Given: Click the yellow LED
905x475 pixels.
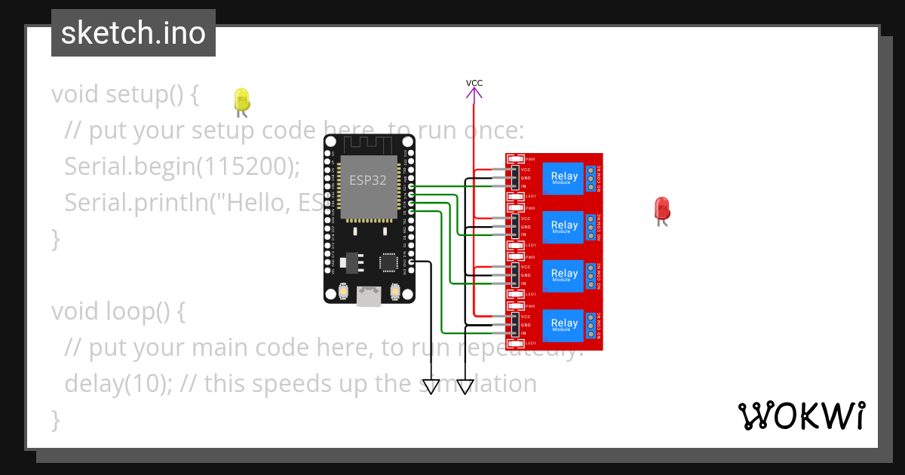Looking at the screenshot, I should coord(241,100).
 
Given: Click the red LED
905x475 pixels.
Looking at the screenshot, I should coord(661,209).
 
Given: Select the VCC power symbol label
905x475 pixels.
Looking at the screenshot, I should coord(474,83).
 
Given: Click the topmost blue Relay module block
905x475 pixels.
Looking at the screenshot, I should coord(563,178).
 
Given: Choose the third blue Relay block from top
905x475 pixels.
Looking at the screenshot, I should coord(563,275).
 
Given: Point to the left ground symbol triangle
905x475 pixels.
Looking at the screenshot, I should coord(431,387).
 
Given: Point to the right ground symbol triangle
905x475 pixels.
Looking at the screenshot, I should coord(465,387).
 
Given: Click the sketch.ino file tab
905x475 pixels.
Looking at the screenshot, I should coord(133,33).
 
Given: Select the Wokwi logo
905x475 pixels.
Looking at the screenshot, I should coord(801,415).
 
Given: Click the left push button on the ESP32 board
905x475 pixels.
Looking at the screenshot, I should coord(344,291).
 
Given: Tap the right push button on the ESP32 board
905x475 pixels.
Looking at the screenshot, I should coord(394,291).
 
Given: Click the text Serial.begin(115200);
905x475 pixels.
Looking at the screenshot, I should coord(182,167).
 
